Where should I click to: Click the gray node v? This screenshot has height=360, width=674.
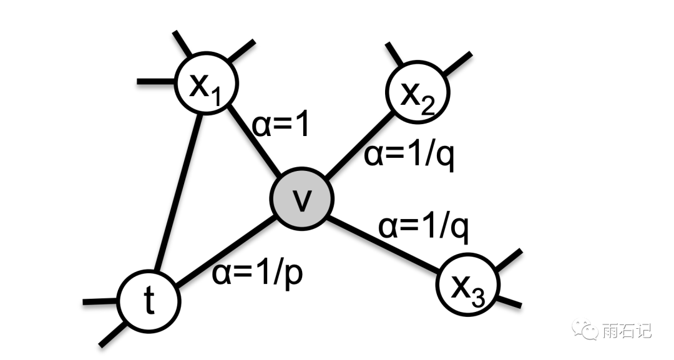pos(302,199)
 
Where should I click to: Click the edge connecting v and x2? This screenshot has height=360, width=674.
pos(360,143)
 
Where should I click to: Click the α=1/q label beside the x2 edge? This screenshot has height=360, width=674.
pos(409,155)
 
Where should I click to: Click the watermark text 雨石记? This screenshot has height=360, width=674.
pos(627,330)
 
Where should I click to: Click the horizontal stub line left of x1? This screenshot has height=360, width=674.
pos(156,81)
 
